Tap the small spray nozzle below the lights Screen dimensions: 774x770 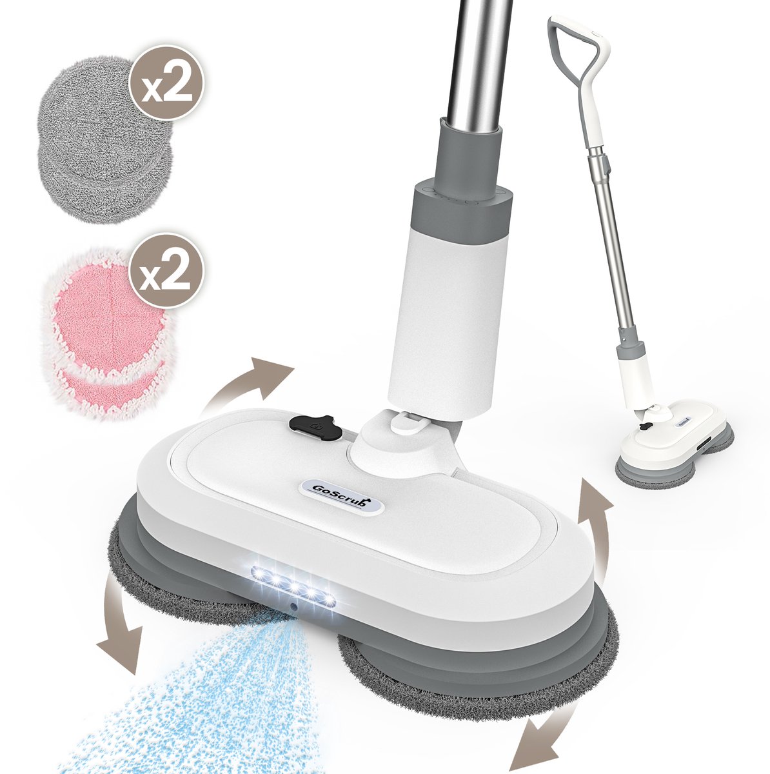pos(293,607)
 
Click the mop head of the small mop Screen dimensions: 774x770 pos(671,439)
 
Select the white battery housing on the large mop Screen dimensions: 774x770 pos(445,310)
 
